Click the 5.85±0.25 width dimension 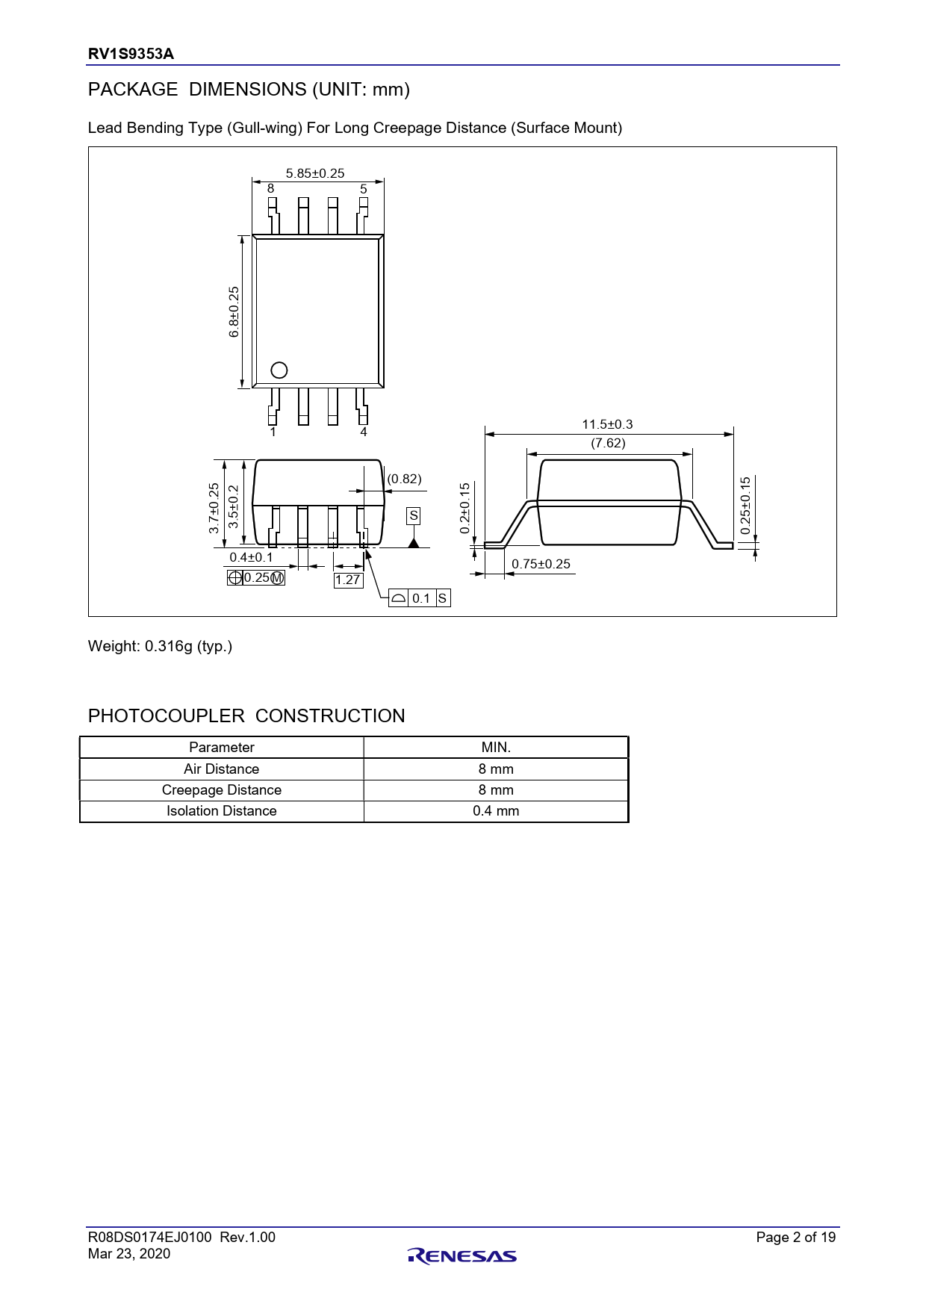[315, 173]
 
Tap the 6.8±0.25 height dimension [234, 312]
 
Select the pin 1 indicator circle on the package [279, 370]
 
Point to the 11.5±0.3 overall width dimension [607, 424]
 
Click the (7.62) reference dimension [608, 443]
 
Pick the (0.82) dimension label [404, 479]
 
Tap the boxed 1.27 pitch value [348, 580]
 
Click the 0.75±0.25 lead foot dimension [541, 564]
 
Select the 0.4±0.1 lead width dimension [251, 557]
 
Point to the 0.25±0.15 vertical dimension [745, 506]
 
